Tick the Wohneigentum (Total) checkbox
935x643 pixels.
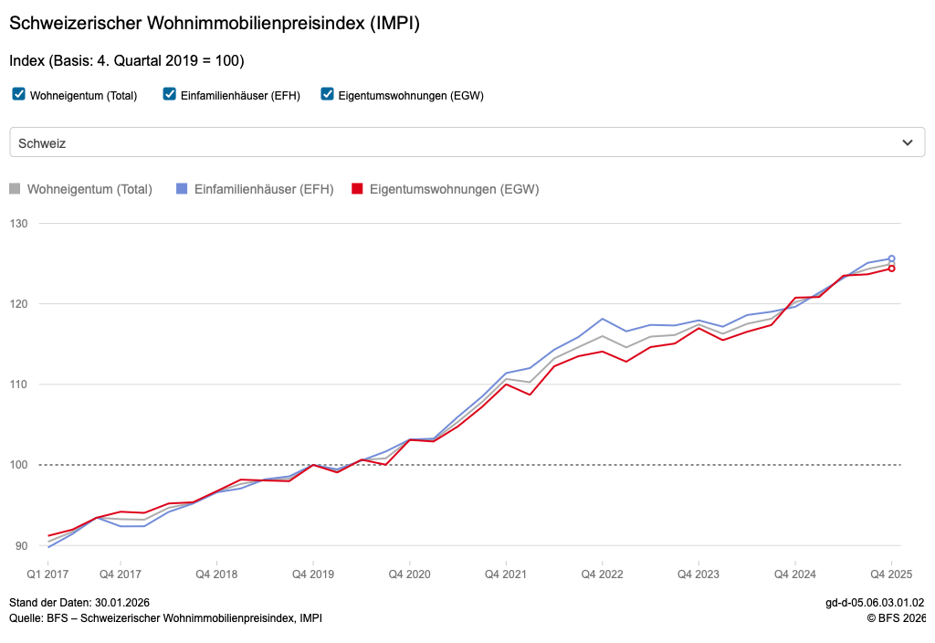coord(19,94)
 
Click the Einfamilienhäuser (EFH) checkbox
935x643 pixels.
coord(169,94)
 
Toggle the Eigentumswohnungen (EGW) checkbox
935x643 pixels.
coord(328,94)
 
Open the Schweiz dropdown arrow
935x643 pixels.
coord(907,142)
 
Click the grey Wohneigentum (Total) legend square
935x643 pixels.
coord(15,189)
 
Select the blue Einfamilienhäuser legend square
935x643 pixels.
coord(182,189)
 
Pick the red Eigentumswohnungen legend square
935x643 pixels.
coord(357,189)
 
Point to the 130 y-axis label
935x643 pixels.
coord(19,224)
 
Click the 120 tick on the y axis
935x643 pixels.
coord(19,304)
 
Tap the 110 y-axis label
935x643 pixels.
coord(19,385)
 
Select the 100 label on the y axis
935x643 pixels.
coord(19,465)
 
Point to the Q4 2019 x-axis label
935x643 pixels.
coord(313,574)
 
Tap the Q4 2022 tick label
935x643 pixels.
coord(602,574)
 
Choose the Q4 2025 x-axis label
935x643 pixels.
coord(890,574)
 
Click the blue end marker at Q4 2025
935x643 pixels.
coord(891,258)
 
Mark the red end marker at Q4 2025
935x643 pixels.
coord(891,269)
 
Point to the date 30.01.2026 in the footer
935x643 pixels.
coord(122,603)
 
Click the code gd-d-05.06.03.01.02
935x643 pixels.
coord(875,603)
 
